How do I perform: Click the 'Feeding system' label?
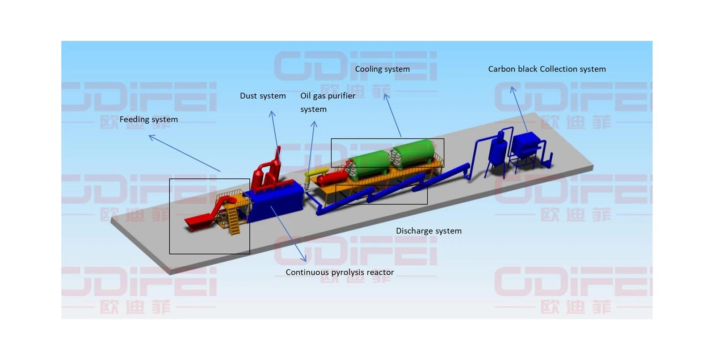point(148,119)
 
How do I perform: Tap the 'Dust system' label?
point(263,96)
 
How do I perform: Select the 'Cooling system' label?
point(382,69)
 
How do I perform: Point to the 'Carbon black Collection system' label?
point(547,69)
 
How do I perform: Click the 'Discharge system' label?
point(429,231)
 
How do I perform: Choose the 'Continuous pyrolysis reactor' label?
point(340,272)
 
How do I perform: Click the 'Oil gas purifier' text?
point(328,96)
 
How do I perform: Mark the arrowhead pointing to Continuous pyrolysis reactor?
point(305,260)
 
